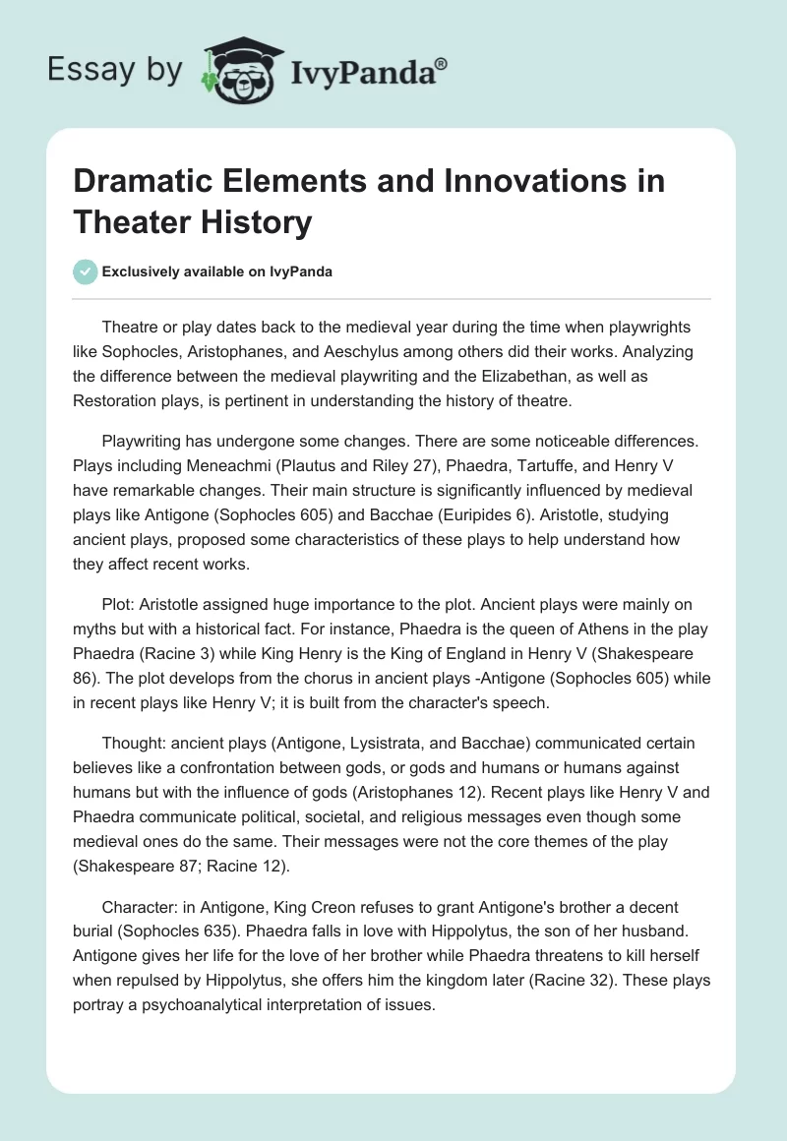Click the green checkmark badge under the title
86,271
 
